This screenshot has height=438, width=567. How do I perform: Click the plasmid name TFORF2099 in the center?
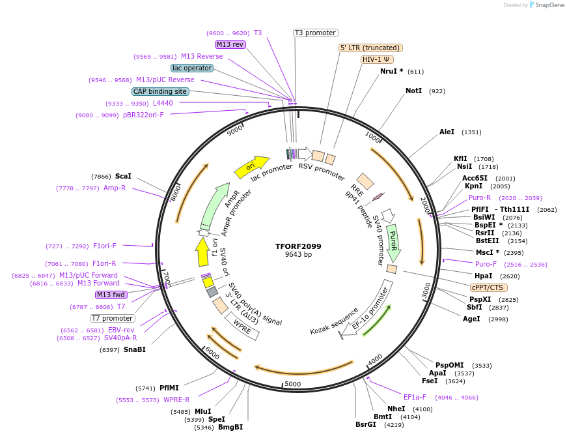point(298,246)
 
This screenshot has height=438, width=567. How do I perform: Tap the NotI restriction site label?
point(414,91)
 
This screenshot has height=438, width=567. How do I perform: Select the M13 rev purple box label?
point(230,44)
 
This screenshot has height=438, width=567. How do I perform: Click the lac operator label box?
point(192,68)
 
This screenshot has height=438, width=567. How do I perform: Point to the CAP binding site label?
point(160,91)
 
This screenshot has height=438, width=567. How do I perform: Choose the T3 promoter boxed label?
point(315,33)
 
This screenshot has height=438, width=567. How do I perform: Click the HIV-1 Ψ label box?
point(378,59)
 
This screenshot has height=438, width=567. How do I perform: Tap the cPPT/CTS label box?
point(488,287)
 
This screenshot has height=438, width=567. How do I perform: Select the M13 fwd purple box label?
point(111,295)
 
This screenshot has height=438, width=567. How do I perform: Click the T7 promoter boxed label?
point(112,318)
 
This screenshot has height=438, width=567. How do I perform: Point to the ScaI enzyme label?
point(123,176)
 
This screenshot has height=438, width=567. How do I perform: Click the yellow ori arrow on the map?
point(252,167)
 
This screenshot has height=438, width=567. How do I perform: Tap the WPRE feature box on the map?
point(242,327)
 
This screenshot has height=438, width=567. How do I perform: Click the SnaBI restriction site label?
point(134,349)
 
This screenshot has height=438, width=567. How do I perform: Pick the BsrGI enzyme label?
point(366,424)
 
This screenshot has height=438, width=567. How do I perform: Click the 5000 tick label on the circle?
point(292,385)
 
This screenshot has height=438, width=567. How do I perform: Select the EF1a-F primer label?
point(415,397)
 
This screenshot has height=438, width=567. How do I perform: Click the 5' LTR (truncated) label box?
point(370,48)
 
